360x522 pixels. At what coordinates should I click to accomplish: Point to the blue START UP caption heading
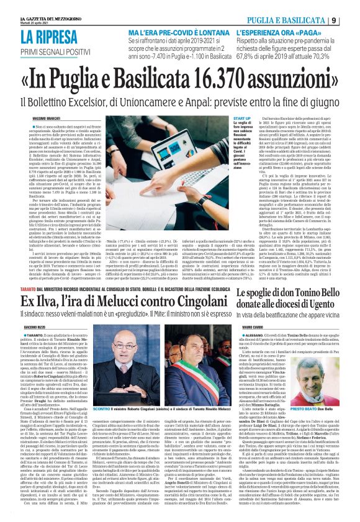pyautogui.click(x=243, y=118)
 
